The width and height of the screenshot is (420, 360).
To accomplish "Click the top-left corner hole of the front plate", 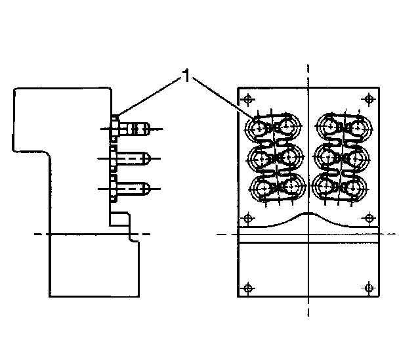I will [247, 100].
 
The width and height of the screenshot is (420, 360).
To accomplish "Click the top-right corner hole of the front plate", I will [369, 99].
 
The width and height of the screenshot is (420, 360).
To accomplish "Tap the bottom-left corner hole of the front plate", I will [247, 288].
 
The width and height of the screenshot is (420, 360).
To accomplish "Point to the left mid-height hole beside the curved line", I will [247, 217].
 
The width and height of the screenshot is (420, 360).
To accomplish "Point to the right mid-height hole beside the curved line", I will [369, 217].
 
